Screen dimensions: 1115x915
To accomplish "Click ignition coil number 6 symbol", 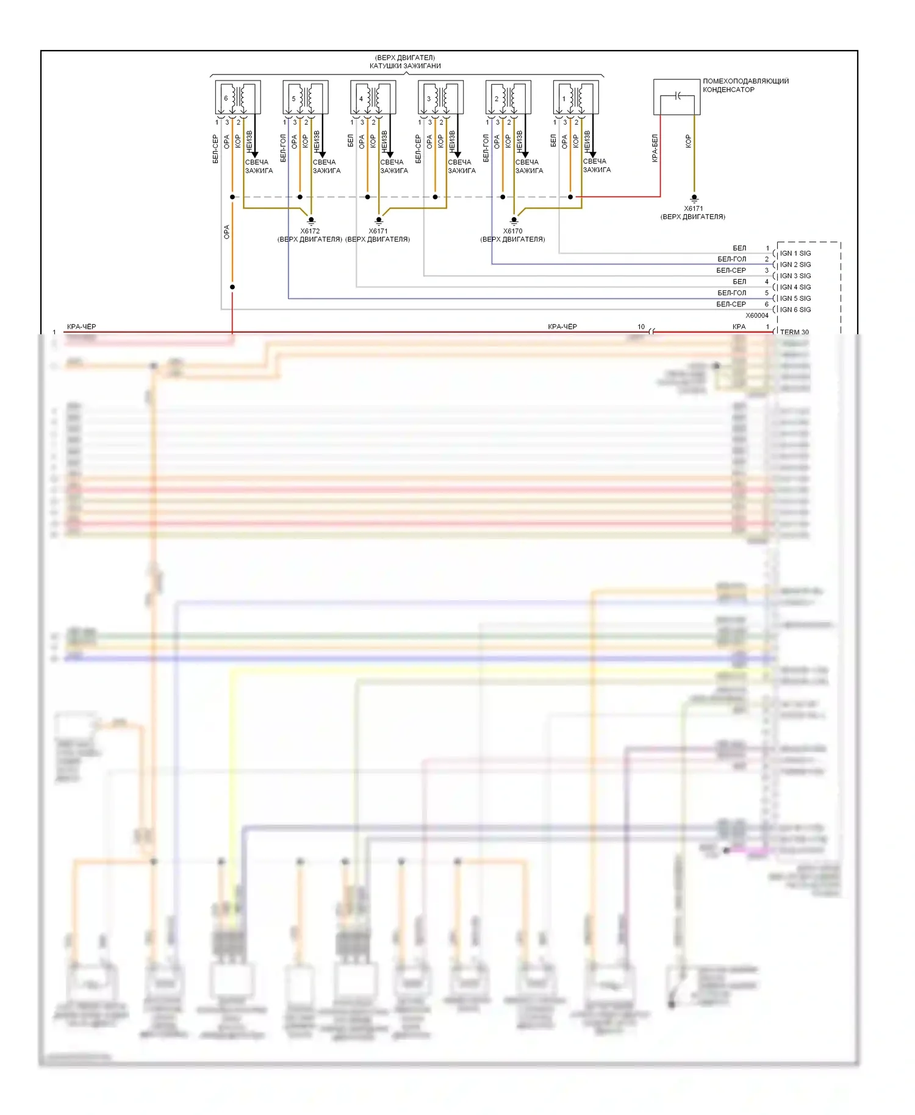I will [238, 97].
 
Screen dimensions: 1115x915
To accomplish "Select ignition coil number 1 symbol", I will [576, 97].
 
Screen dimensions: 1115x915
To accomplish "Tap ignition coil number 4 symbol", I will [373, 97].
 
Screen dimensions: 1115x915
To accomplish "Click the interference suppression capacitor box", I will [676, 96].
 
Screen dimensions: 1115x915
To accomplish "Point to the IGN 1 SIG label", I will [795, 253].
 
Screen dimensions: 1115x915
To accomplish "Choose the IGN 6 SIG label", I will [795, 310].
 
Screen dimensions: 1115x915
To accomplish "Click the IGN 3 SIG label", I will [795, 276].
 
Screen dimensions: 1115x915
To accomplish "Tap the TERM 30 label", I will [794, 332].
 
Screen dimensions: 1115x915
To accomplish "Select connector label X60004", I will [757, 316].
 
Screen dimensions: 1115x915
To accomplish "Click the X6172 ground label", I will [310, 231].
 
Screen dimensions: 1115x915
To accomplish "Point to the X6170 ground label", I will [512, 231].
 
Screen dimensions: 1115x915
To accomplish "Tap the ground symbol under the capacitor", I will [694, 198].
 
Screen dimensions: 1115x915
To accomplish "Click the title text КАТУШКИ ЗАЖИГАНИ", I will [405, 66].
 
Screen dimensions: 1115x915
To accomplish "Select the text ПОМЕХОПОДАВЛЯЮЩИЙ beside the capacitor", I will [745, 81].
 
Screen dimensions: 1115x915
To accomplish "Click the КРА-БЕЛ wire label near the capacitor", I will [655, 148].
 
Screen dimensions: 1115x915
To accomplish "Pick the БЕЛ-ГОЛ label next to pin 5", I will [731, 293].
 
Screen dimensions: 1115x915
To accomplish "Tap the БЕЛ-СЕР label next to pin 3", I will [731, 270].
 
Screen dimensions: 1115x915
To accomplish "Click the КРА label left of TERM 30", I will [739, 327].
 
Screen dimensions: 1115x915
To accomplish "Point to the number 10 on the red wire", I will [641, 327].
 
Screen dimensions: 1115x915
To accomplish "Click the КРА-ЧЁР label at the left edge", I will [81, 327].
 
